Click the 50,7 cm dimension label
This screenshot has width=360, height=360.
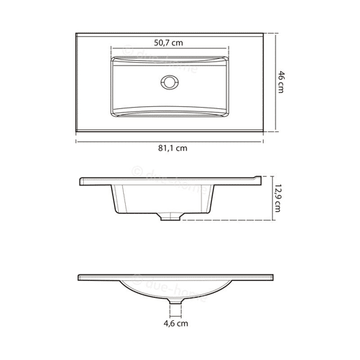168,43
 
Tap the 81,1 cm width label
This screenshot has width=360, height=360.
173,148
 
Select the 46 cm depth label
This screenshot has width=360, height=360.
281,82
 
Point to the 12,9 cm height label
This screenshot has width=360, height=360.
278,198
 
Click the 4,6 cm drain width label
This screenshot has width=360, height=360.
175,324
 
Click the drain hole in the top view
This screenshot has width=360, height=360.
170,82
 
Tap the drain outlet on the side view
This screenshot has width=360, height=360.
171,217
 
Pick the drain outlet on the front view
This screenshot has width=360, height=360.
175,301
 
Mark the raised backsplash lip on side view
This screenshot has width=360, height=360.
258,178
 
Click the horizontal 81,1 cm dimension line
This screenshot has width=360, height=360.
170,141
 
